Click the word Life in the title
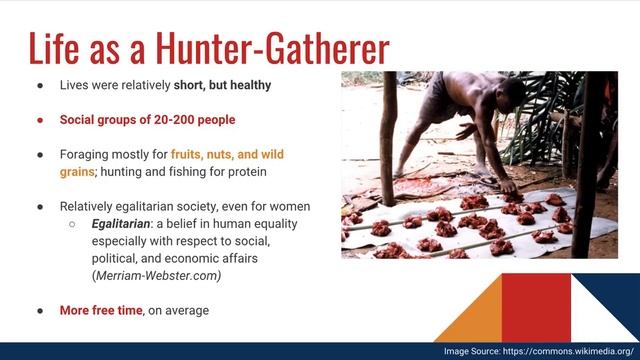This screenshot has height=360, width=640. (x=58, y=47)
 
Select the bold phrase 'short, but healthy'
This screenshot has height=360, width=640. (x=221, y=85)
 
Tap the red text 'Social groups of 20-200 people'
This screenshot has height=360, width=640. (x=148, y=120)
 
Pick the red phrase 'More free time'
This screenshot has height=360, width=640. (x=101, y=311)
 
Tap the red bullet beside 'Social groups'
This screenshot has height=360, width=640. (x=40, y=120)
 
